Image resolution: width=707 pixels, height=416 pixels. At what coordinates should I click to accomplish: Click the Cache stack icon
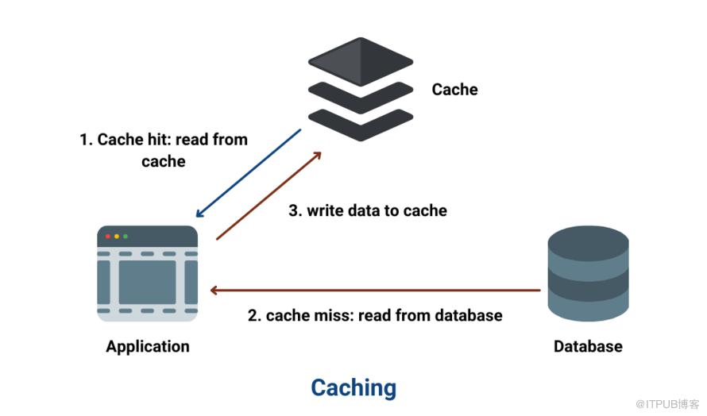[361, 89]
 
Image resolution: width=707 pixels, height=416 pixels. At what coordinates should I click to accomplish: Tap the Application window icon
[147, 274]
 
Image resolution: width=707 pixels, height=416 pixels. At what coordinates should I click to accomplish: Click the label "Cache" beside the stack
[454, 90]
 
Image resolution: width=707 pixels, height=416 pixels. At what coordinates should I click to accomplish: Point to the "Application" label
[148, 347]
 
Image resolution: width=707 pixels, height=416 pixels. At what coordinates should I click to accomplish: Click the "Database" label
[588, 347]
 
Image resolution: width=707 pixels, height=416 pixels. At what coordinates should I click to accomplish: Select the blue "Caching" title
[353, 387]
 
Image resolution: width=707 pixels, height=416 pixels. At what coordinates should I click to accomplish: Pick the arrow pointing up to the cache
[269, 195]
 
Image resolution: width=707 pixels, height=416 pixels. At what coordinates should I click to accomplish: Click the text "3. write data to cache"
[367, 211]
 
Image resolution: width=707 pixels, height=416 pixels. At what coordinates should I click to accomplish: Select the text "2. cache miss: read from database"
[375, 315]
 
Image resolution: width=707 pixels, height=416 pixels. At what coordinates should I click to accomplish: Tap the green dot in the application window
[125, 236]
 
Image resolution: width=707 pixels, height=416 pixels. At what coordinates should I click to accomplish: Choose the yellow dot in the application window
[117, 236]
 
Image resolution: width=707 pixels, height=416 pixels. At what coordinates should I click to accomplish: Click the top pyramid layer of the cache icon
[361, 60]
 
